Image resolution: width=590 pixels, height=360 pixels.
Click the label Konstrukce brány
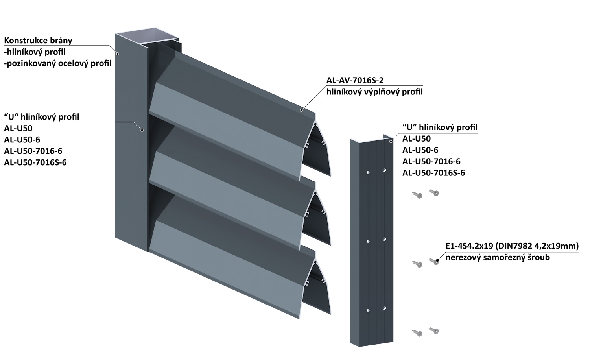38,41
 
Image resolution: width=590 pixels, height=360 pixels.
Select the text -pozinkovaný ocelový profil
58,63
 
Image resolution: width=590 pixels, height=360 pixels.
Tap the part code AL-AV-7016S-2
355,81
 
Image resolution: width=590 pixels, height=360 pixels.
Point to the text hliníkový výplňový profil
374,92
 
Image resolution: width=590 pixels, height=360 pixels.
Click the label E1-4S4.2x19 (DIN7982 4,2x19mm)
512,246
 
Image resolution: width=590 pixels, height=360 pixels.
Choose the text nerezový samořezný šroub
497,258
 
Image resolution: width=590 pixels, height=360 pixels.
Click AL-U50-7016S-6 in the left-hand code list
35,162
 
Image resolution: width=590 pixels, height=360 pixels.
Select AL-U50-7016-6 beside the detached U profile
431,161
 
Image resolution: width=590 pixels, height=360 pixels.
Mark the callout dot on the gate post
117,54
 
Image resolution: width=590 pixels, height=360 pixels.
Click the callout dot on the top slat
301,110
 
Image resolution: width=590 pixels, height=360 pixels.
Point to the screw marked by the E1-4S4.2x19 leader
435,261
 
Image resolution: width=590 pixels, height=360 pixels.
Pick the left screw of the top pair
417,195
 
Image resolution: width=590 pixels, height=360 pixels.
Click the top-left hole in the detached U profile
367,172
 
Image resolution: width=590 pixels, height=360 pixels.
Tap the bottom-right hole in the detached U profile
385,308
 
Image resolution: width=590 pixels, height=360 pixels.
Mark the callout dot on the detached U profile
390,141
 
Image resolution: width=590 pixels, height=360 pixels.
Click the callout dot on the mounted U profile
142,130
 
